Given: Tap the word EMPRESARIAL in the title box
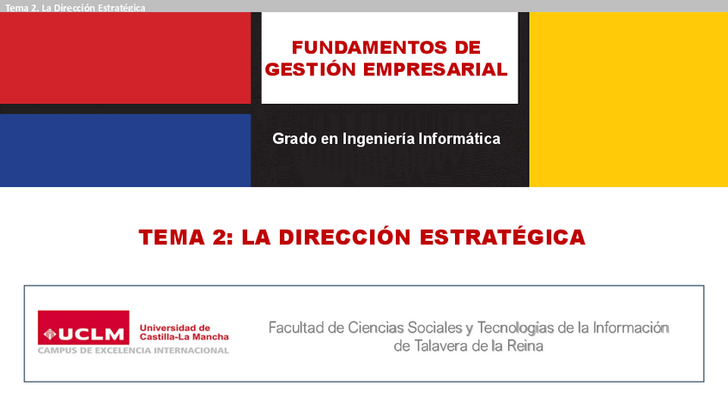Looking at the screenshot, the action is click(435, 69).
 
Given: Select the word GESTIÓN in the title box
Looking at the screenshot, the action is click(310, 69).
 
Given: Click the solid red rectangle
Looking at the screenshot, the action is click(125, 58).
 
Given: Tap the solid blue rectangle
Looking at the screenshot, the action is click(125, 150).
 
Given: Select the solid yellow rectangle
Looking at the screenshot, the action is click(628, 99).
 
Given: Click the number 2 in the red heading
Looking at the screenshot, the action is click(219, 238).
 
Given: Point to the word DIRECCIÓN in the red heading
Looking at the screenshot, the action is click(344, 237).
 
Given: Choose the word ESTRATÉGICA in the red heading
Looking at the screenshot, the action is click(502, 237).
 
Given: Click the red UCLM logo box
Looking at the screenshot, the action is click(83, 328).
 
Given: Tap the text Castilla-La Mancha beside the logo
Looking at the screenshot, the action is click(185, 337).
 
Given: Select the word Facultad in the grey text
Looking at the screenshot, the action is click(296, 328).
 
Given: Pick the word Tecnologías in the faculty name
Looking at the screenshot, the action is click(516, 328).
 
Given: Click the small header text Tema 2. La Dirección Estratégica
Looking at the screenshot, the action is click(76, 8).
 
